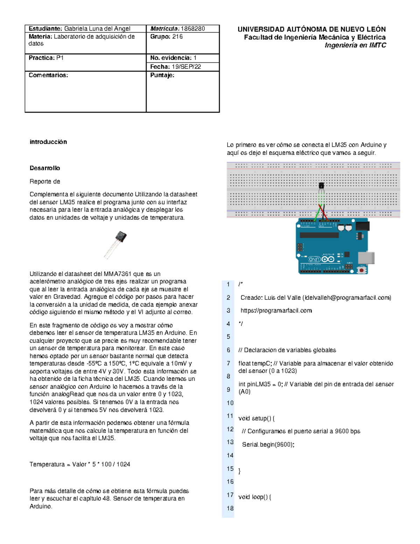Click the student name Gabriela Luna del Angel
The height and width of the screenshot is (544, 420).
point(97,29)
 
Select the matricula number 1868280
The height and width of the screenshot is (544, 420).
point(192,29)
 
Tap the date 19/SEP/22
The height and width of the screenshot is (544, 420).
point(186,67)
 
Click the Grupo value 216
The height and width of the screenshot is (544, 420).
point(177,37)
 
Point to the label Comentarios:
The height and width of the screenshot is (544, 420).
point(48,75)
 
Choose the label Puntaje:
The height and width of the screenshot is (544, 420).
point(162,75)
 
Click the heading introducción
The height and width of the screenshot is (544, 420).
point(48,142)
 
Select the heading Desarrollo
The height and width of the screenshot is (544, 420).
point(45,168)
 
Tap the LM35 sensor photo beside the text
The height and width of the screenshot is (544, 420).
point(116,244)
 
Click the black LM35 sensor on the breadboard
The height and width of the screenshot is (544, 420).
point(321,186)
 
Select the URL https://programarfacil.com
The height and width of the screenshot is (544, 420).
point(276,311)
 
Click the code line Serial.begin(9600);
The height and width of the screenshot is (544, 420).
point(268,445)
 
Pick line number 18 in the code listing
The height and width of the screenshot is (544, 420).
point(230,508)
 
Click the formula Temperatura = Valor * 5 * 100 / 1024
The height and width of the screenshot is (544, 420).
point(80,464)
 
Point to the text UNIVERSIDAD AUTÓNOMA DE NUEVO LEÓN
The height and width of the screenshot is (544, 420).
point(311,29)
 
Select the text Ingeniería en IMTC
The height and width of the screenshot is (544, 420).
point(355,45)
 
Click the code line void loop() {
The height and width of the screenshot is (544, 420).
point(255,497)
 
